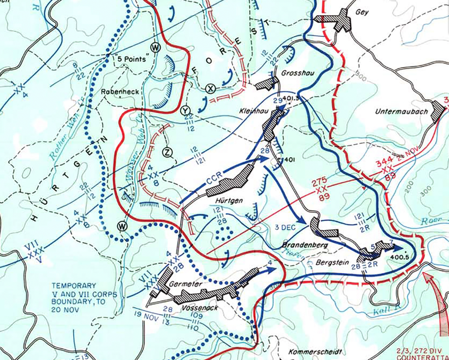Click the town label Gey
point(362,12)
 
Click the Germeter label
point(186,284)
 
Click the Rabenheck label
point(120,92)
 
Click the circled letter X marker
point(209,89)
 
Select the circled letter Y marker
point(185,110)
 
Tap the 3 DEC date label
point(285,227)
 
